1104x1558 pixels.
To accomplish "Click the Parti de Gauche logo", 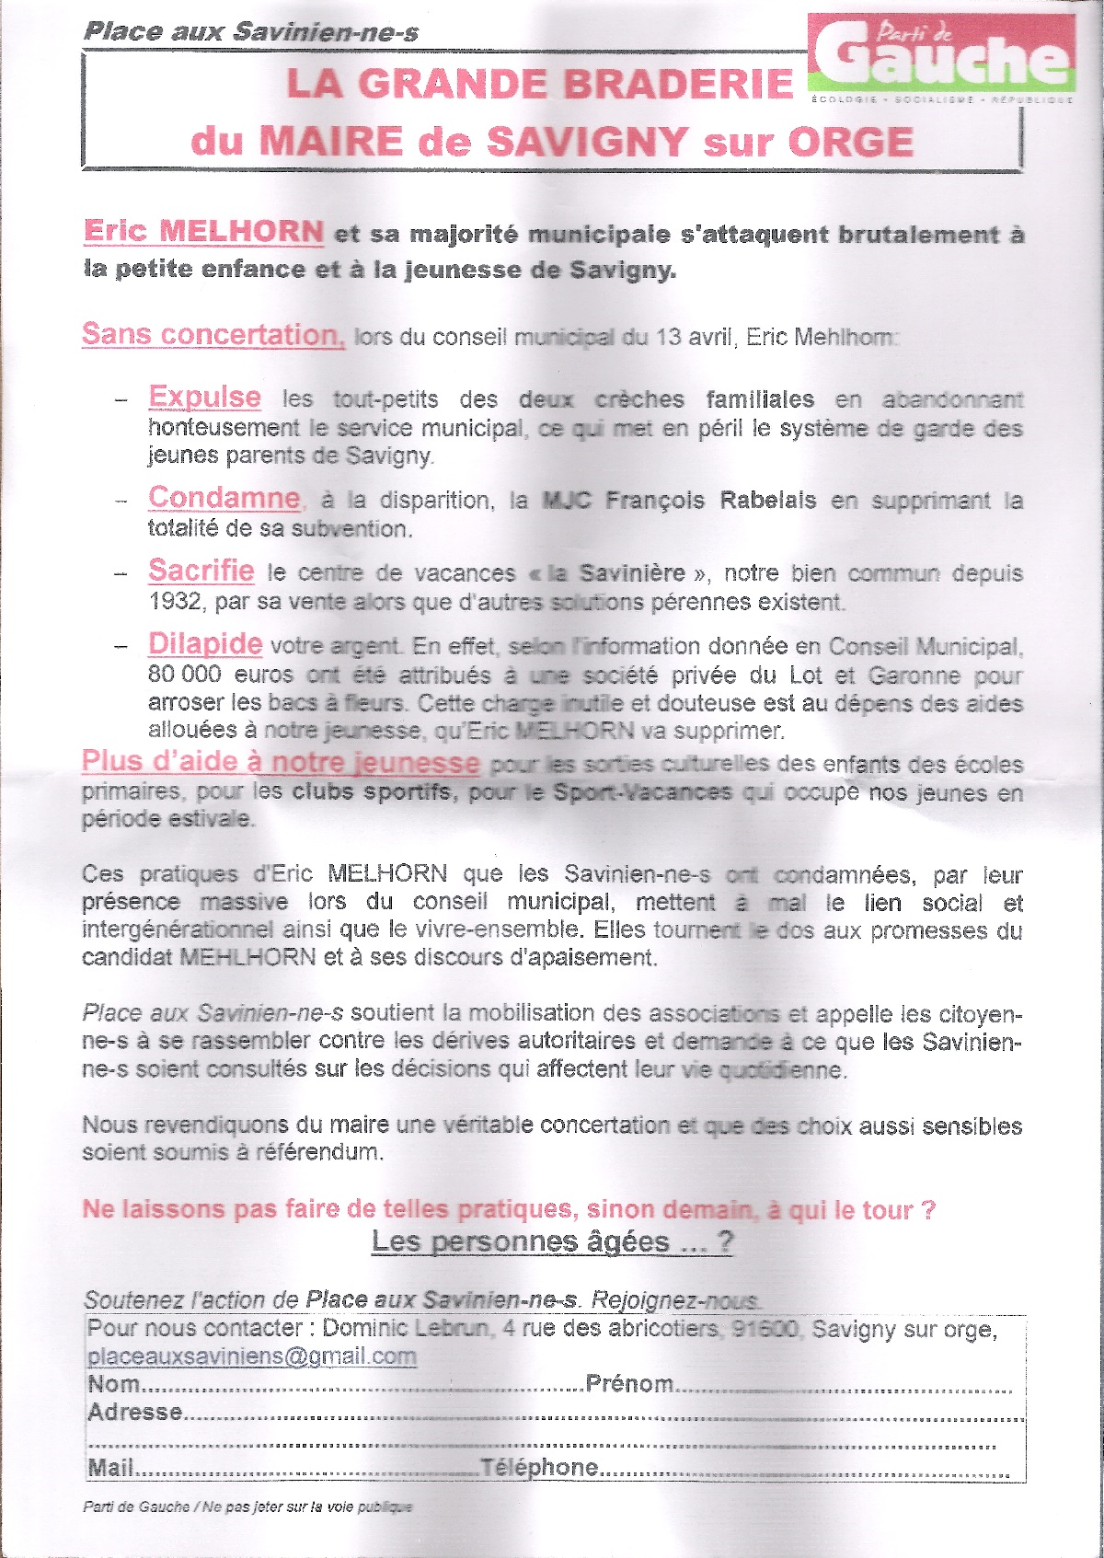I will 942,55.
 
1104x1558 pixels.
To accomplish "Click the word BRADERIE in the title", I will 677,84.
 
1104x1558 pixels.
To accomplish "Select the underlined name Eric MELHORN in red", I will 203,231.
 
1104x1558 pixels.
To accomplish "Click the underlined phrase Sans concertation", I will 213,334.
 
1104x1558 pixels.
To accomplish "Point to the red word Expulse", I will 204,397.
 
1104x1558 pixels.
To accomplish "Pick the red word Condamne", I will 224,498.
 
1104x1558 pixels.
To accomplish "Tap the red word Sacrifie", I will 201,571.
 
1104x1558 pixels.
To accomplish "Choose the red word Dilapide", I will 205,643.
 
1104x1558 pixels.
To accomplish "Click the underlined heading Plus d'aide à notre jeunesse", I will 281,762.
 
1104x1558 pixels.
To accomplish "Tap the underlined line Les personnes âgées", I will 552,1241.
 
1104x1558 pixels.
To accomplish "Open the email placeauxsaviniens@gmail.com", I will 252,1356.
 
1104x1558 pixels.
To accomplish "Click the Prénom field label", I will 629,1383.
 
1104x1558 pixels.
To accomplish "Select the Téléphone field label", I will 539,1467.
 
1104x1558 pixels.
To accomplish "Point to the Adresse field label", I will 135,1412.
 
